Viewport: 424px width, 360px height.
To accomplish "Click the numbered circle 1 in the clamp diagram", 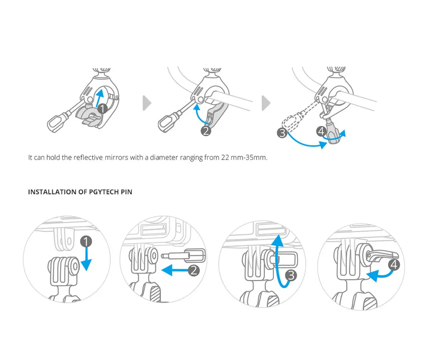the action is click(x=102, y=108).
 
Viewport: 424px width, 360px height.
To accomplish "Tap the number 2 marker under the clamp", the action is click(x=206, y=131).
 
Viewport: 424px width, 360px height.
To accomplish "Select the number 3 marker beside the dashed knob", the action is click(x=282, y=134).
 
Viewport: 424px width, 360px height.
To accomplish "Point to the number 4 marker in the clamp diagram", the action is click(x=321, y=132).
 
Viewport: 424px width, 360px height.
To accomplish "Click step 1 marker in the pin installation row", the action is click(x=86, y=242).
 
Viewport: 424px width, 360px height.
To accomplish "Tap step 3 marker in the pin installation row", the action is click(x=291, y=276).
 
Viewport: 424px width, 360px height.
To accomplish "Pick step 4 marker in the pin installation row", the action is click(x=394, y=265).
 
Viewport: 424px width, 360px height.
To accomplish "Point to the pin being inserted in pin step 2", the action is click(x=182, y=256).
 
